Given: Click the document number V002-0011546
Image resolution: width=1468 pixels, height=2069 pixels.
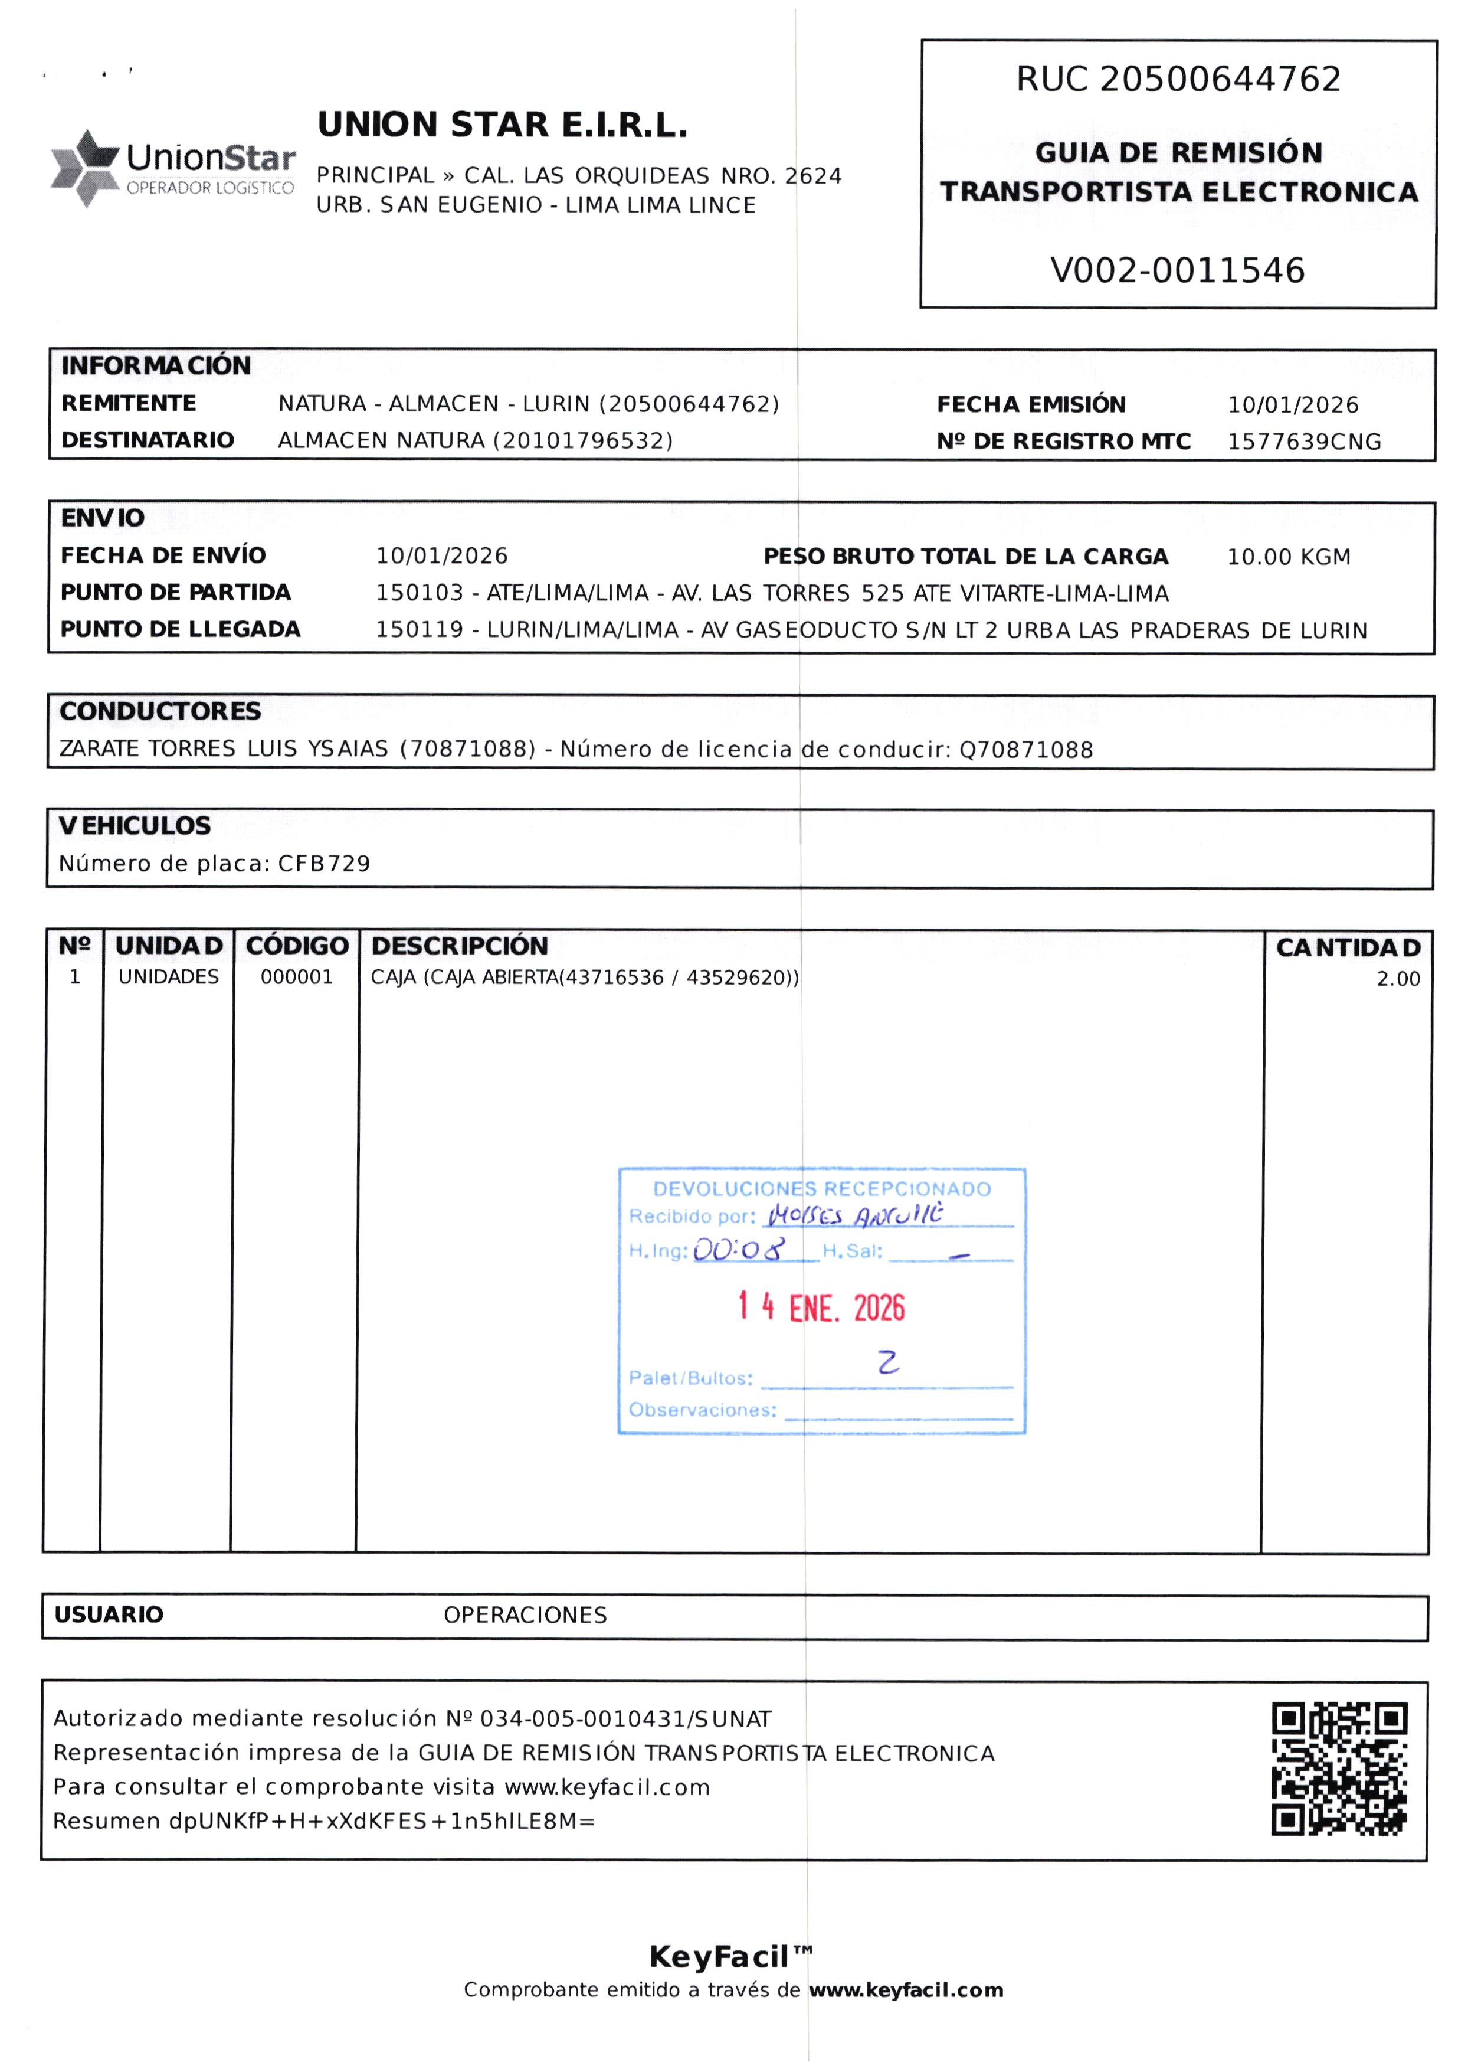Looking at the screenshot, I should coord(1177,270).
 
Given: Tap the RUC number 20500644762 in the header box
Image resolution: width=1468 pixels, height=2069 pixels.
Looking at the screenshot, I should coord(1220,80).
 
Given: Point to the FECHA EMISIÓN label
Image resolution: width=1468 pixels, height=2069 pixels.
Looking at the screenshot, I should coord(1031,404).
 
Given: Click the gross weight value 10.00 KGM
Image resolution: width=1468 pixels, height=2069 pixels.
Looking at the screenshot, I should coord(1288,557).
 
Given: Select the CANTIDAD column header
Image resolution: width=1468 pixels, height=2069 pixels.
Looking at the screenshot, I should coord(1348,947).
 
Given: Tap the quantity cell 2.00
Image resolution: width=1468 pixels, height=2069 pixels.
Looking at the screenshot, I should coord(1398,979).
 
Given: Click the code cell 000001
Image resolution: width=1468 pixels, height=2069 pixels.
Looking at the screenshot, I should coord(297,976).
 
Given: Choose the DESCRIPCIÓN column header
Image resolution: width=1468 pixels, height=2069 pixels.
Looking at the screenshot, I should coord(459,946).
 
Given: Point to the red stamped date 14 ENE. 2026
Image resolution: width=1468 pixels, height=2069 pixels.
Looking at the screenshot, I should coord(821,1307).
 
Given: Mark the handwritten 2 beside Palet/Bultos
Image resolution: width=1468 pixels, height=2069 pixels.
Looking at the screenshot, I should coord(889,1362).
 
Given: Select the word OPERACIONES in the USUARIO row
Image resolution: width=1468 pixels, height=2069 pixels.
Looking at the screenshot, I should coord(525,1615).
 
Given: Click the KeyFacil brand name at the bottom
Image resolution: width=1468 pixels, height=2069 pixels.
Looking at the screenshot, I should coord(719,1957).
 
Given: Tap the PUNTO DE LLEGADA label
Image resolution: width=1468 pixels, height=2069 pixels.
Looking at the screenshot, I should coord(180,629).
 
